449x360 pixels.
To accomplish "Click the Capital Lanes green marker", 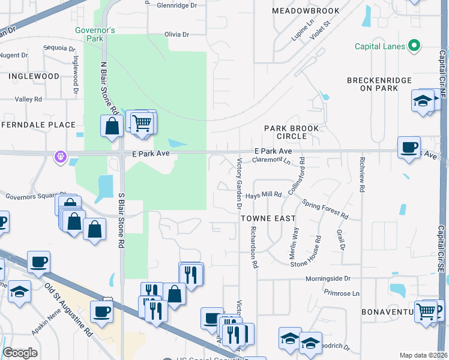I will pyautogui.click(x=414, y=46).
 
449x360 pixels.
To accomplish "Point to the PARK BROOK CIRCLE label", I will pyautogui.click(x=292, y=132).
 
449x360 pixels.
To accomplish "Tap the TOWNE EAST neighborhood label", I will pyautogui.click(x=268, y=219).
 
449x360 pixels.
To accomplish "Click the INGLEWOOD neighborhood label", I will pyautogui.click(x=34, y=76).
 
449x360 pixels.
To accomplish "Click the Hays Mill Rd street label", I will pyautogui.click(x=263, y=195).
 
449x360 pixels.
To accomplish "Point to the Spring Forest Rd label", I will pyautogui.click(x=325, y=209).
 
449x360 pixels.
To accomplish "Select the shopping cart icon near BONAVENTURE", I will pyautogui.click(x=426, y=311).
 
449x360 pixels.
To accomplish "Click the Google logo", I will pyautogui.click(x=20, y=353).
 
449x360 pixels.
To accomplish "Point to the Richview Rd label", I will pyautogui.click(x=362, y=175).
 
